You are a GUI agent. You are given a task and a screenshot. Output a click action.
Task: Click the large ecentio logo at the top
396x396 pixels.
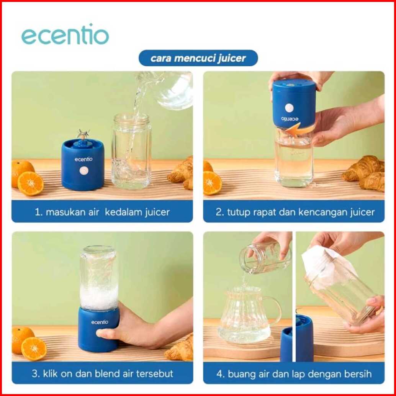click(x=65, y=34)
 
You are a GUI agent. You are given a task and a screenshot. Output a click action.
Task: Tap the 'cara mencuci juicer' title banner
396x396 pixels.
click(x=198, y=58)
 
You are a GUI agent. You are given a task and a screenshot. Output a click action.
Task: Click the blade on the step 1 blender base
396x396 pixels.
click(x=83, y=134)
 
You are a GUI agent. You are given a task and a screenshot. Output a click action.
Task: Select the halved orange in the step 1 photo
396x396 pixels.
click(x=31, y=183)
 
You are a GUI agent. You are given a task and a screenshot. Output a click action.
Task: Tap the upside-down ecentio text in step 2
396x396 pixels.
click(x=290, y=119)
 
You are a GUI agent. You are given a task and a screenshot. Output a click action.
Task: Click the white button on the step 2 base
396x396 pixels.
click(x=289, y=108)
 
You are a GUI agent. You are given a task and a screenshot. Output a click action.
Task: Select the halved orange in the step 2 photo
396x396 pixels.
click(x=213, y=183)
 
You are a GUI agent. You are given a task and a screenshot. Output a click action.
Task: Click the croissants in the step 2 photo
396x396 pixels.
click(x=364, y=173)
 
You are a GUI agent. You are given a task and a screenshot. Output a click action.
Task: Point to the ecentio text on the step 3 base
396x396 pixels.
click(x=100, y=322)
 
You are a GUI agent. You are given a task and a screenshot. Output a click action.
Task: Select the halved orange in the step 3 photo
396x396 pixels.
click(x=34, y=349)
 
